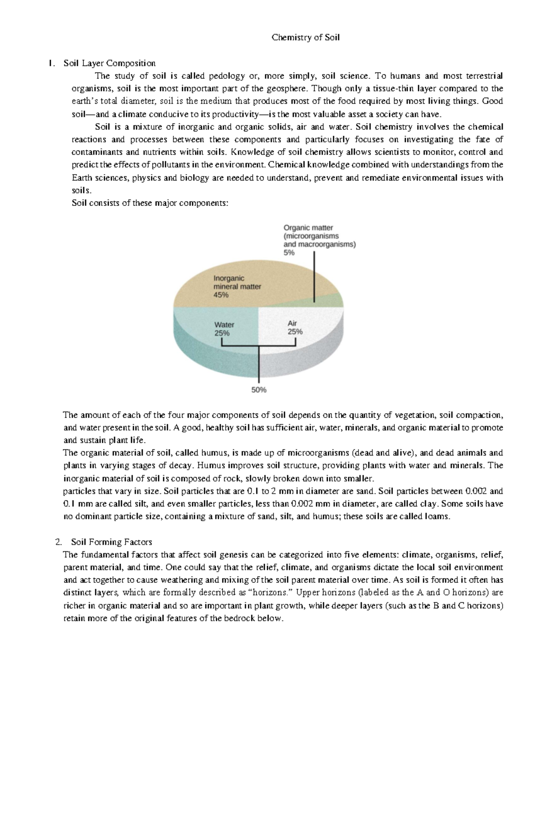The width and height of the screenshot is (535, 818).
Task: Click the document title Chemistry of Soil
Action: (305, 37)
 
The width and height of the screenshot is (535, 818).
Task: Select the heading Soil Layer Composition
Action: (109, 63)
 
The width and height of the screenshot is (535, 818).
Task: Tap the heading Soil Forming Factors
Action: (111, 542)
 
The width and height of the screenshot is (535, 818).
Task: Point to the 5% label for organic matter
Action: (289, 253)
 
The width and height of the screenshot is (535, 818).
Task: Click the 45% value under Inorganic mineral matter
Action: (221, 295)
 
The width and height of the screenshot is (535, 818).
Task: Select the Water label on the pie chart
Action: (224, 325)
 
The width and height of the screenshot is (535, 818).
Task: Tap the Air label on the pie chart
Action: (292, 323)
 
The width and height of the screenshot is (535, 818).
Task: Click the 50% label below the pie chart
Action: (259, 390)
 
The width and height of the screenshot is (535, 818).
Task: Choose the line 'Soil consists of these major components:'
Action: (150, 203)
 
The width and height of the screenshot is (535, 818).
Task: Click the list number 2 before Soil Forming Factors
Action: (58, 542)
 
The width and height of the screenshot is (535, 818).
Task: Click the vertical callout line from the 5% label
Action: (315, 276)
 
